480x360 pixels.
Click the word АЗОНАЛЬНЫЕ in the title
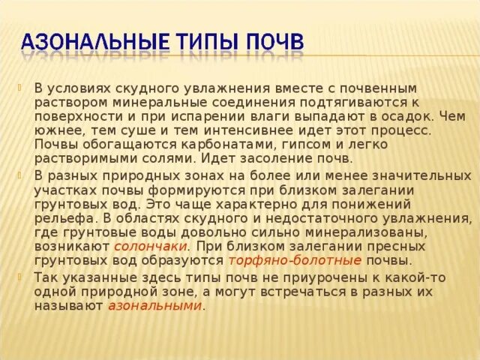pyautogui.click(x=97, y=40)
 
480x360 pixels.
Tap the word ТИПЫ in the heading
pyautogui.click(x=217, y=40)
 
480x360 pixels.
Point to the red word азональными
pyautogui.click(x=154, y=305)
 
